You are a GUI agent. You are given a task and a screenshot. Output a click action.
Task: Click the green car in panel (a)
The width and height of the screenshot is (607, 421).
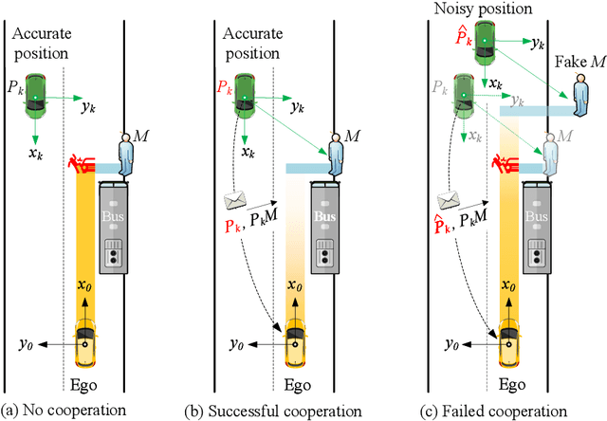[x=36, y=93]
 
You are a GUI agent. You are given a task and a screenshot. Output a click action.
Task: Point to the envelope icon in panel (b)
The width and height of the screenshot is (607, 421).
[x=234, y=201]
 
